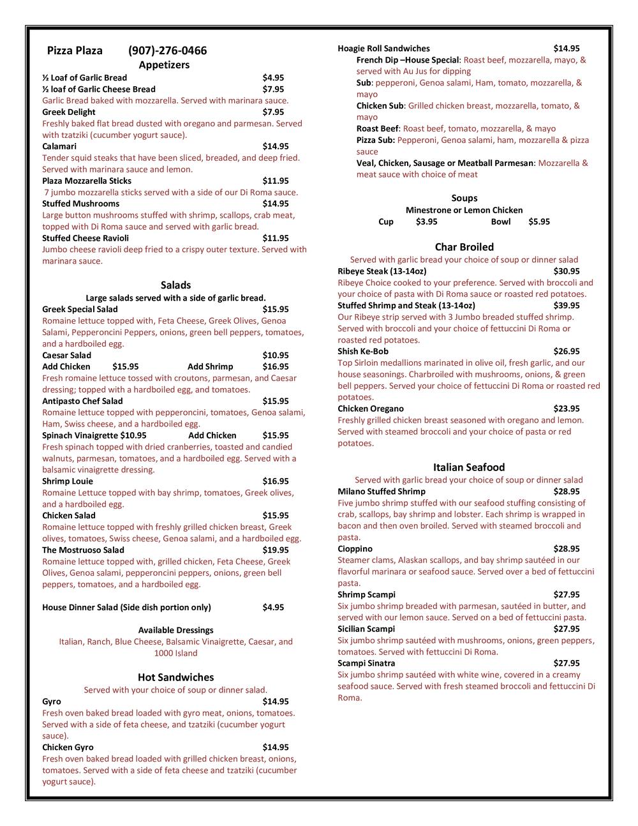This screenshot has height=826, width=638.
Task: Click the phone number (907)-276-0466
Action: pos(167,51)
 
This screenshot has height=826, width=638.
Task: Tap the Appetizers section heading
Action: pos(164,64)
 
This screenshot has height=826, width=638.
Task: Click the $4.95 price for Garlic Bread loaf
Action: pos(273,78)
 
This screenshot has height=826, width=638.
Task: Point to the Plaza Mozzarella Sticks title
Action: pos(87,181)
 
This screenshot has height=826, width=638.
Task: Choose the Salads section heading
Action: pos(175,285)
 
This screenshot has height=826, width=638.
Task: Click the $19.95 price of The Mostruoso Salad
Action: pos(276,550)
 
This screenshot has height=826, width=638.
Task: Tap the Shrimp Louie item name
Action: pos(68,481)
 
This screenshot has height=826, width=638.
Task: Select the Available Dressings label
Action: pos(175,630)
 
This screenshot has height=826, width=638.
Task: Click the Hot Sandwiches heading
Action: pos(175,677)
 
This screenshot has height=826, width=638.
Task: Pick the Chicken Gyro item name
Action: pos(68,747)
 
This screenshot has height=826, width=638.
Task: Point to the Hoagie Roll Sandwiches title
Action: pos(383,49)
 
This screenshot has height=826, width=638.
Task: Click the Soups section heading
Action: pos(464,198)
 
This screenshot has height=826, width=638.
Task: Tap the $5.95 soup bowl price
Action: pos(539,222)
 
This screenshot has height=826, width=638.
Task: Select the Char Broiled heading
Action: pos(464,247)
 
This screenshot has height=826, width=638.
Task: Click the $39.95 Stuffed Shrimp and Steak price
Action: pos(567,306)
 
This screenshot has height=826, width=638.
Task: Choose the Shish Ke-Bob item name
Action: pos(363,351)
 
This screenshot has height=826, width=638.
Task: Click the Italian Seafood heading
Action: pos(468,467)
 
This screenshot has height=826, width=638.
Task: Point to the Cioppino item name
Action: pos(355,548)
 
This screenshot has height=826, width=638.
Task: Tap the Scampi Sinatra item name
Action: pos(366,663)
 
